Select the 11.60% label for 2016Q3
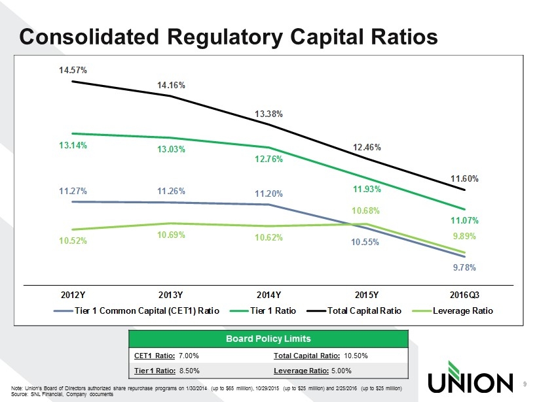[x=465, y=178]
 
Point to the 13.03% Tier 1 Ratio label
[x=171, y=150]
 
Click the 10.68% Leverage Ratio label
[x=366, y=210]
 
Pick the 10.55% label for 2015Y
[x=365, y=242]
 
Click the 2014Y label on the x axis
[x=268, y=294]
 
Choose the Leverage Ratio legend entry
[x=462, y=310]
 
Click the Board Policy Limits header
[x=268, y=339]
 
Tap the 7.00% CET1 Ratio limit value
[x=188, y=356]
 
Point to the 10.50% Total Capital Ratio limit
[x=356, y=356]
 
